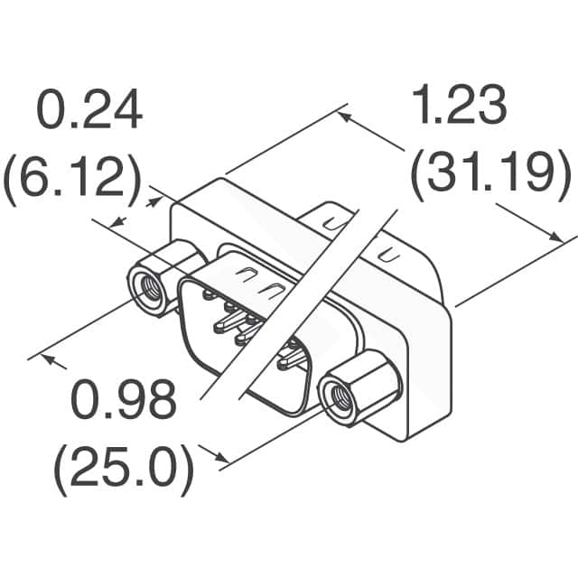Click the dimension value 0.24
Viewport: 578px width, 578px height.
[89, 112]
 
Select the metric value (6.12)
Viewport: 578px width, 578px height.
[72, 179]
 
